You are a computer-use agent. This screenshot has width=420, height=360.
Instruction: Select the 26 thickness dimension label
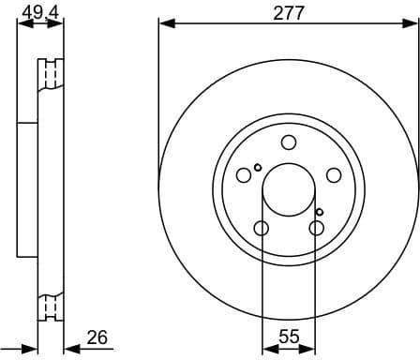(97, 337)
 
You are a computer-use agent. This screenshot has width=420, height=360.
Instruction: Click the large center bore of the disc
(289, 187)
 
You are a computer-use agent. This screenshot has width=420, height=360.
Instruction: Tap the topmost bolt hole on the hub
(289, 142)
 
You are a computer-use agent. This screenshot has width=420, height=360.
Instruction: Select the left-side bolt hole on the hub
(245, 174)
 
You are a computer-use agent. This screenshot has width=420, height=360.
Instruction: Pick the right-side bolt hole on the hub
(333, 174)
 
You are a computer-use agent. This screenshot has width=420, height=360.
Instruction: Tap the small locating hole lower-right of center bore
(320, 212)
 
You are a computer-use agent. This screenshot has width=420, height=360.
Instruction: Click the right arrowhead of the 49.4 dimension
(62, 22)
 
